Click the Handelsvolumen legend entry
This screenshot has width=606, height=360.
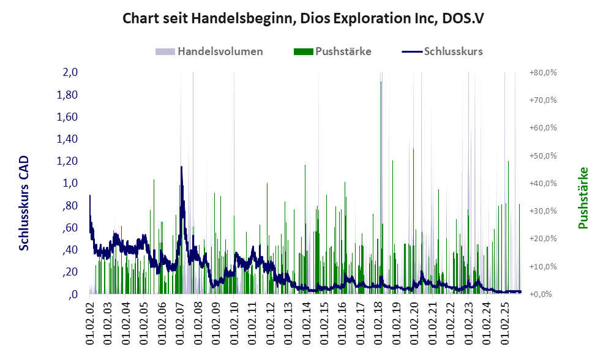[x=210, y=51]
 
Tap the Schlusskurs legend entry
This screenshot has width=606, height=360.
[x=443, y=51]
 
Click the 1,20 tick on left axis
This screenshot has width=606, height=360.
[x=67, y=161]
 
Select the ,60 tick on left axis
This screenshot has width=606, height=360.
[x=69, y=228]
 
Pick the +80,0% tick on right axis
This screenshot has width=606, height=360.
[x=542, y=72]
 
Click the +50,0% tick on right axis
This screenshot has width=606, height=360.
[x=542, y=156]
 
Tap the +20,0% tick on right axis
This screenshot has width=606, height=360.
[x=542, y=239]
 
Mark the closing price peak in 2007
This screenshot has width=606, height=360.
[x=181, y=167]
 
